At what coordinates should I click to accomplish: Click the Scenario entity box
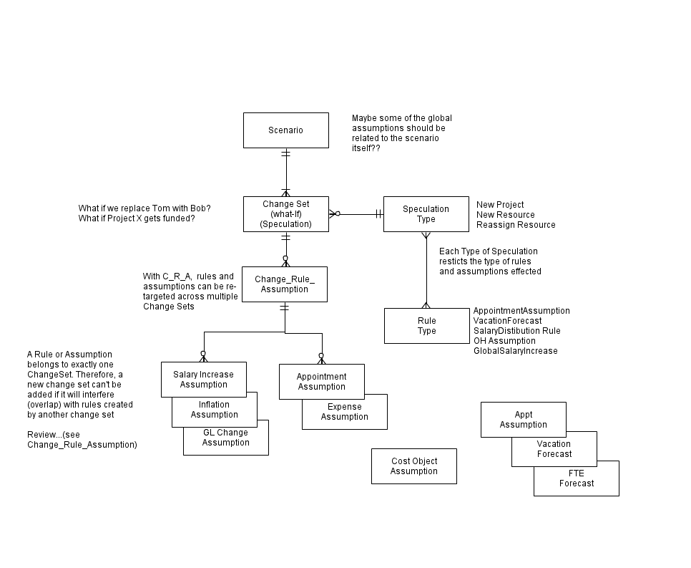[x=286, y=130]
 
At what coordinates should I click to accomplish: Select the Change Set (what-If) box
[x=286, y=214]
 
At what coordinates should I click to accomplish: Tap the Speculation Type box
[x=426, y=214]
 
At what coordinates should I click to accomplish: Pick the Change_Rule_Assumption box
[x=285, y=284]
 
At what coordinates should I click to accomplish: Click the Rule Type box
[x=427, y=326]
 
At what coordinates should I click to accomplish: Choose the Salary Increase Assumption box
[x=204, y=380]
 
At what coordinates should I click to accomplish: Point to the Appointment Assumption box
[x=322, y=382]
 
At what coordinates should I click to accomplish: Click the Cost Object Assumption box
[x=414, y=466]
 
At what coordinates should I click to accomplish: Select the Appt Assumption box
[x=524, y=420]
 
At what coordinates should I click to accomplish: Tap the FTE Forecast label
[x=577, y=478]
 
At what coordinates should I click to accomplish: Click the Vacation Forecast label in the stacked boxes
[x=554, y=449]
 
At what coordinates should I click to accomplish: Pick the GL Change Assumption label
[x=225, y=438]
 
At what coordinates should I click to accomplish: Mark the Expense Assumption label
[x=345, y=412]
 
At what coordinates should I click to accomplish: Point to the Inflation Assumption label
[x=214, y=410]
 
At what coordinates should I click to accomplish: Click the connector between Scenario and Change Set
[x=286, y=172]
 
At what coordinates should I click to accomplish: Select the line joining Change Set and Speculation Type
[x=356, y=214]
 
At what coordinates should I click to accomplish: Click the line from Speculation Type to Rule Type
[x=426, y=270]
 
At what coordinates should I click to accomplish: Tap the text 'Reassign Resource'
[x=516, y=225]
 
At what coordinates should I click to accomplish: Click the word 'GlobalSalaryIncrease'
[x=516, y=351]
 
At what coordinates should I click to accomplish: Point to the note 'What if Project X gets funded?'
[x=137, y=218]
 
